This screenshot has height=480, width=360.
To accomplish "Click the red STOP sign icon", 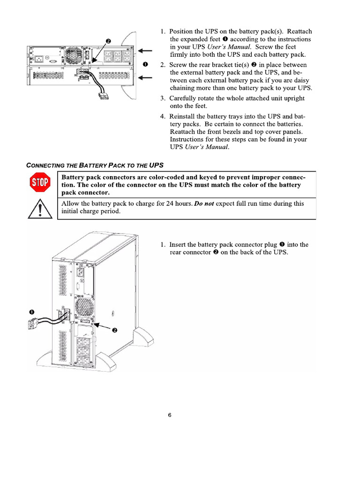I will (x=40, y=183).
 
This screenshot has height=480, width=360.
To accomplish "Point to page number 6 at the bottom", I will (x=170, y=415).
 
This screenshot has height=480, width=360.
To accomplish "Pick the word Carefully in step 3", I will (x=184, y=98).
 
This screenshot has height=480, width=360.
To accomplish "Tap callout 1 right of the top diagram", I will (x=145, y=64).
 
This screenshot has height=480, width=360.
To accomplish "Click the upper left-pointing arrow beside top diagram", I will (x=146, y=51).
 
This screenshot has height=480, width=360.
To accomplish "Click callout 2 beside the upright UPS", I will (x=114, y=330).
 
